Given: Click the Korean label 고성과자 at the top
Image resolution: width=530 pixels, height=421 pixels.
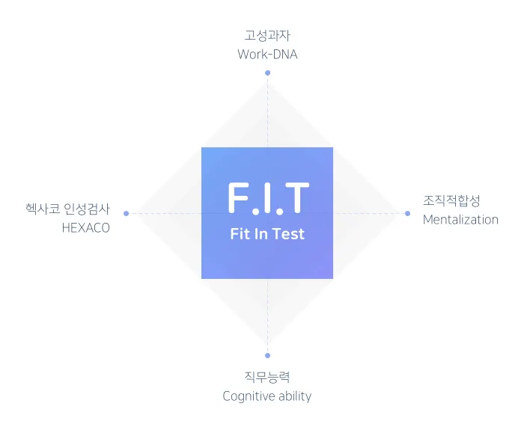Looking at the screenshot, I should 267,36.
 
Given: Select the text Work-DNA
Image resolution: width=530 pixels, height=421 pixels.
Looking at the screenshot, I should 267,55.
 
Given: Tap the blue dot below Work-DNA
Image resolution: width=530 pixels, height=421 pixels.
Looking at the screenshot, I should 267,73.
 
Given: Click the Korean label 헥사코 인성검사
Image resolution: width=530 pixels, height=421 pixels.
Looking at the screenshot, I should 67,209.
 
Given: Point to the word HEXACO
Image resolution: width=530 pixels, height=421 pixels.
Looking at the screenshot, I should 85,228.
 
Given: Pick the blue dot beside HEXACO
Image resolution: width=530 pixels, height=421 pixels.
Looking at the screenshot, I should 126,213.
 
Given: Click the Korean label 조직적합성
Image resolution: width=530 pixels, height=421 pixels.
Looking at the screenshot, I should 451,200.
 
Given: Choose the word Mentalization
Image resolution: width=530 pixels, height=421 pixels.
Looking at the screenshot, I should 460,220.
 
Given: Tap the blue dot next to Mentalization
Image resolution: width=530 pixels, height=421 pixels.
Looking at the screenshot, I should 408,213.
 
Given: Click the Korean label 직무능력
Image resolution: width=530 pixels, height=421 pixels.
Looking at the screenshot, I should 267,377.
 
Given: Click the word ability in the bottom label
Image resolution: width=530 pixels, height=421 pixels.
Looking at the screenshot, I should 294,396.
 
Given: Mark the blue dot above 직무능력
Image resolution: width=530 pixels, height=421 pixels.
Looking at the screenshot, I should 267,355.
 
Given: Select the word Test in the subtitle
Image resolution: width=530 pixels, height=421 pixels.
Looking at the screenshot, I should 289,234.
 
